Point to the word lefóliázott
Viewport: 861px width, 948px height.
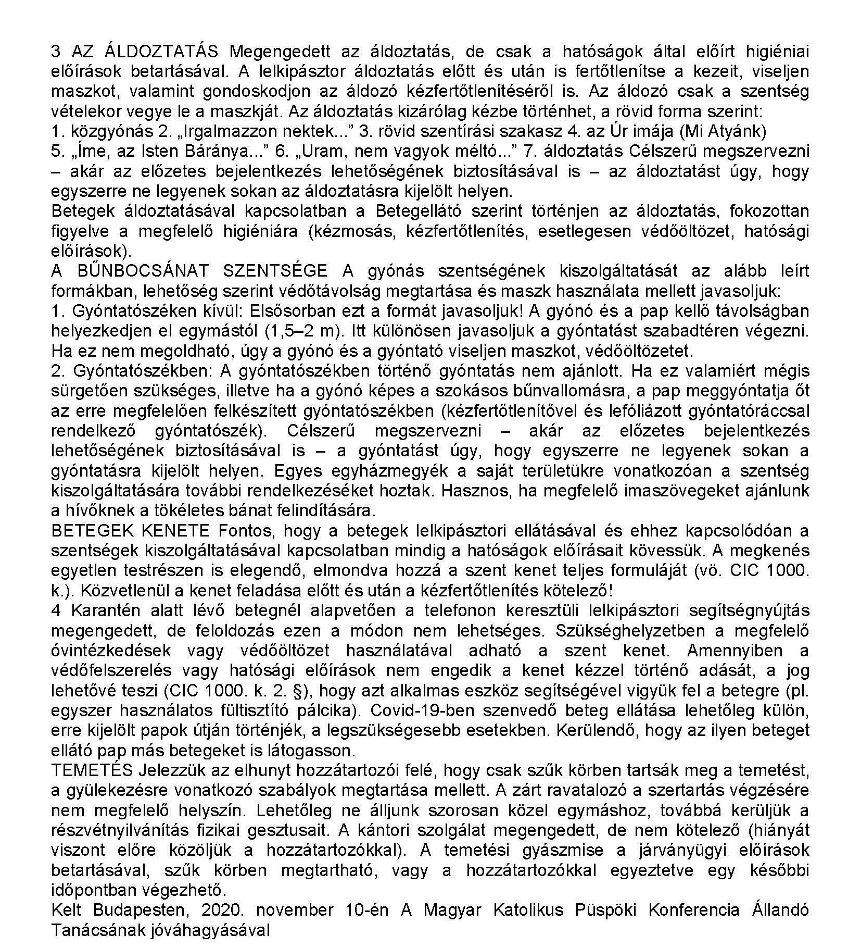(x=639, y=411)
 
